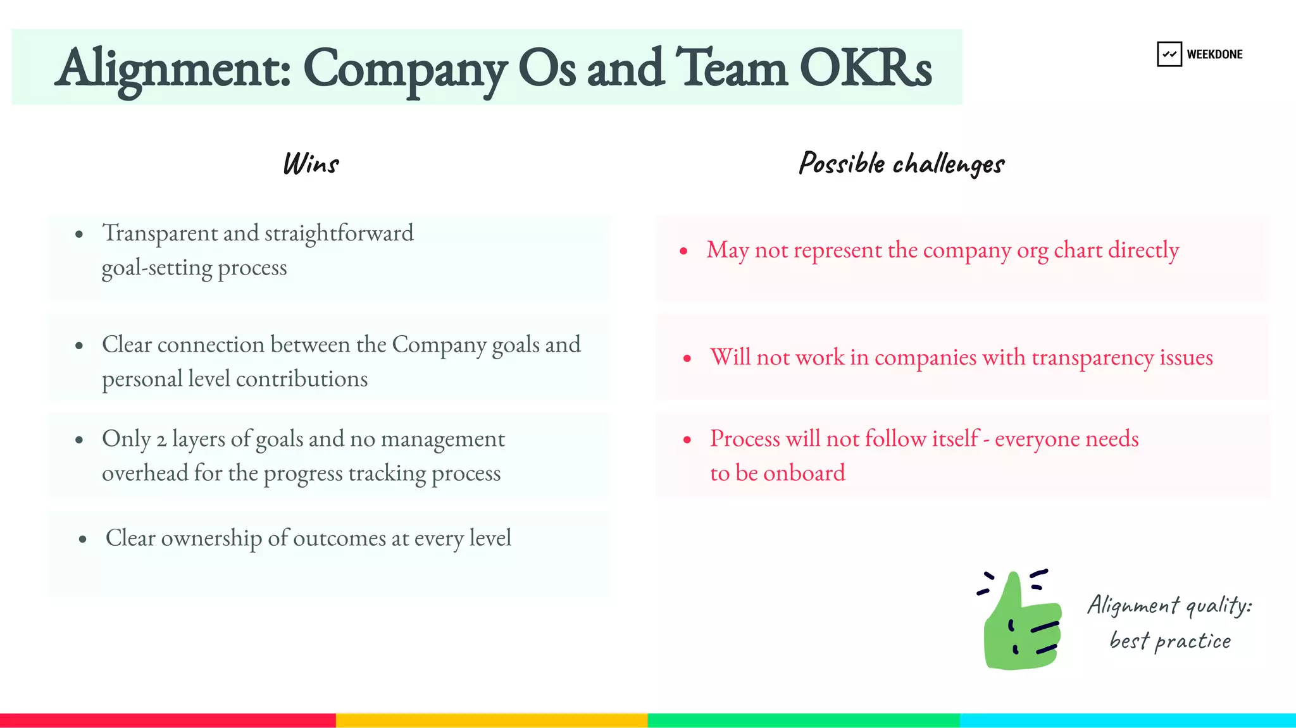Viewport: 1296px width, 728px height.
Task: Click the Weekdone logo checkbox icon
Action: coord(1169,54)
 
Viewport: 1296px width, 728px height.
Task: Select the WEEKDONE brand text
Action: coord(1214,54)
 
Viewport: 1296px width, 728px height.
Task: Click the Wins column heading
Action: coord(311,164)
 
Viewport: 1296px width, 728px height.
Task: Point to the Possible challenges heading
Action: coord(901,164)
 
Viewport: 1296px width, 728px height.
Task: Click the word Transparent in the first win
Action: coord(160,233)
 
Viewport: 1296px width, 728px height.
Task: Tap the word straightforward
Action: coord(339,233)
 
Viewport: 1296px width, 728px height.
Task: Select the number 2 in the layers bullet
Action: coord(161,440)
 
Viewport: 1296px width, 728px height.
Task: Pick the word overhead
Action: coord(145,473)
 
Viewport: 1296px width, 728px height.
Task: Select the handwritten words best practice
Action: coord(1170,641)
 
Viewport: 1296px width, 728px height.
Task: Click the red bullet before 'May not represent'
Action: coord(683,251)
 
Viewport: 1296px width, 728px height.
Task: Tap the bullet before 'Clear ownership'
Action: coord(83,540)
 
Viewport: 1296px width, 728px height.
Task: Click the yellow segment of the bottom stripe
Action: coord(492,720)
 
